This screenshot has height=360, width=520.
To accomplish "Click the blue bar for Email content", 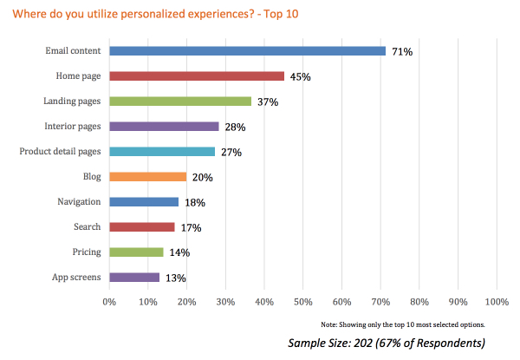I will click(x=247, y=51).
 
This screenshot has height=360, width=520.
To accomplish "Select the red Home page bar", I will click(x=197, y=76).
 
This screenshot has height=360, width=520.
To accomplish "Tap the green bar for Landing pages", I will click(x=180, y=101).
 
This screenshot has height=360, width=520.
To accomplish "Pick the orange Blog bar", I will click(x=148, y=177).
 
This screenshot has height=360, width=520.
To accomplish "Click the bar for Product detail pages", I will click(x=162, y=152).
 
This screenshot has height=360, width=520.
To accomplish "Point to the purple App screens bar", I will click(x=134, y=278).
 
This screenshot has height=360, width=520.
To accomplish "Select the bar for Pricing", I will click(x=136, y=252).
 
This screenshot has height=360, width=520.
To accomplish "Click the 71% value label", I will click(x=401, y=52).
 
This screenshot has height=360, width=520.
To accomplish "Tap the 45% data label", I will click(x=300, y=77).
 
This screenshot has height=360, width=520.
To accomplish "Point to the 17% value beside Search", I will click(x=191, y=228).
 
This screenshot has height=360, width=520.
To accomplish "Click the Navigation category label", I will click(x=79, y=202).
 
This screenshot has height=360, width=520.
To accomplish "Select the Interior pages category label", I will click(x=73, y=127).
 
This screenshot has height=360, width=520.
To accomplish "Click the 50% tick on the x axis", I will click(x=303, y=302).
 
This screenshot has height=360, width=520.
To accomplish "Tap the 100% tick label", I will click(x=497, y=302).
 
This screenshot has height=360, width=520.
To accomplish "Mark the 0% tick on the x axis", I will click(x=109, y=302).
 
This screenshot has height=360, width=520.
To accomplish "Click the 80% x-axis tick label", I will click(x=419, y=302).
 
